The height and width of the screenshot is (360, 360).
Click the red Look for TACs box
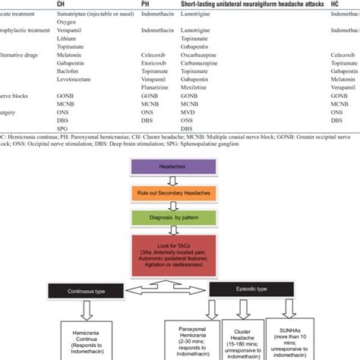point(180,255)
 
